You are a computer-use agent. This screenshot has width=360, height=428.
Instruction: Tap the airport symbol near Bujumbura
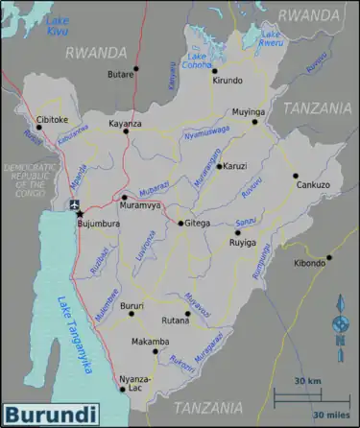pyautogui.click(x=76, y=206)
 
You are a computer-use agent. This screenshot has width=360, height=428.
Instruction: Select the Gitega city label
pyautogui.click(x=198, y=224)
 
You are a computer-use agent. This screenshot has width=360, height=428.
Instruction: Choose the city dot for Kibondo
pyautogui.click(x=328, y=256)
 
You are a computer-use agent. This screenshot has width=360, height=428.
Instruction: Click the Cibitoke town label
pyautogui.click(x=53, y=120)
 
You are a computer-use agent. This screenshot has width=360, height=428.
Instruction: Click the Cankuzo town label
pyautogui.click(x=313, y=184)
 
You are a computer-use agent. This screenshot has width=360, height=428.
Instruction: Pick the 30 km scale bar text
pyautogui.click(x=307, y=383)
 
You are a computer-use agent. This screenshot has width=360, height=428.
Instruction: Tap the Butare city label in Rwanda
pyautogui.click(x=120, y=73)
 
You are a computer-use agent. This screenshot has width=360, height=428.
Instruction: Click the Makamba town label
pyautogui.click(x=150, y=342)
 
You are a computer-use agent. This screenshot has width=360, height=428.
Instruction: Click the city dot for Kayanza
pyautogui.click(x=126, y=131)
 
